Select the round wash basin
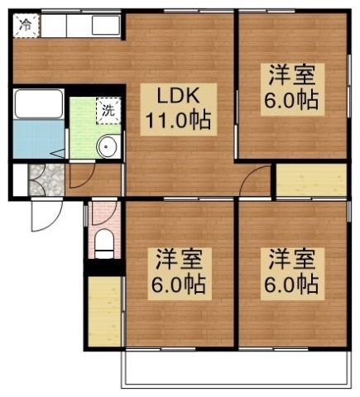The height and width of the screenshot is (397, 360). (107, 147)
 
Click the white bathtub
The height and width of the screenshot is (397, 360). (38, 103)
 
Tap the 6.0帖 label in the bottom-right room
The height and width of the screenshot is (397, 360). (293, 285)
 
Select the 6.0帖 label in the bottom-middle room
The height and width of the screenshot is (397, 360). (178, 285)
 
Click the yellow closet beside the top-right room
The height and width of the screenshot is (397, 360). (310, 179)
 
